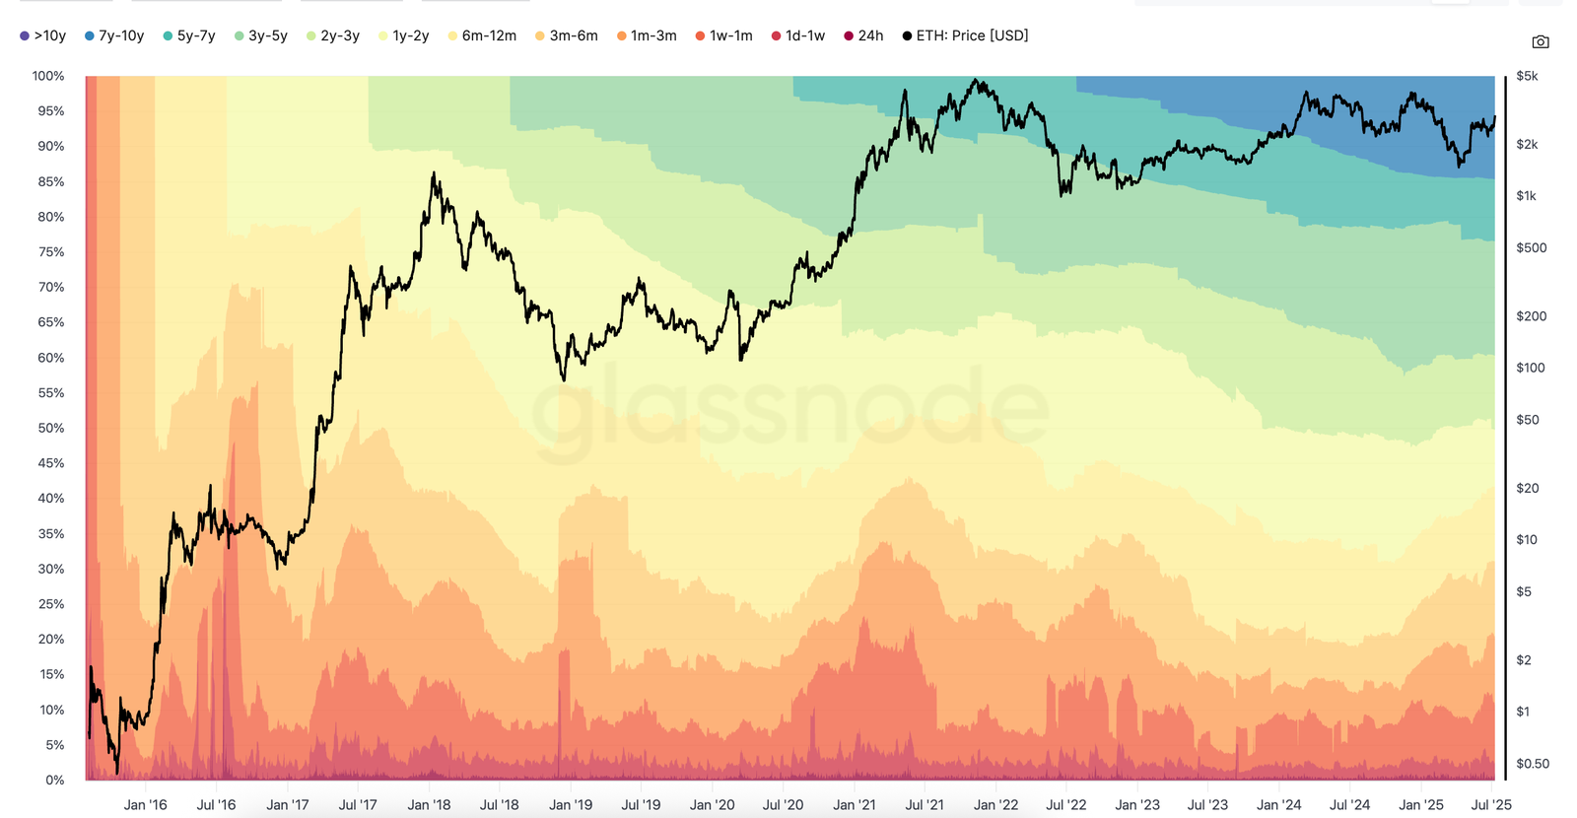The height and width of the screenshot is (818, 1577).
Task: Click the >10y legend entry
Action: point(43,35)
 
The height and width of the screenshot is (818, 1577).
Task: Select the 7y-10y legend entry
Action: point(114,35)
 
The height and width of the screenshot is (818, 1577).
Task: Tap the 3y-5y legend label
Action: point(261,35)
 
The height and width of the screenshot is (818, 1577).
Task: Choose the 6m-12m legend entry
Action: point(482,35)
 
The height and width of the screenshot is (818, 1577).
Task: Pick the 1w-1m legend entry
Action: point(723,35)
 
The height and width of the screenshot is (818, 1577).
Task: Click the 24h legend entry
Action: point(863,35)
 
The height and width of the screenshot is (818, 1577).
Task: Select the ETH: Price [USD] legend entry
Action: point(966,35)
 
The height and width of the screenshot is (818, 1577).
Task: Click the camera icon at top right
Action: point(1541,41)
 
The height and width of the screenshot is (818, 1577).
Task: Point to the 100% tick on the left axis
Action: point(48,76)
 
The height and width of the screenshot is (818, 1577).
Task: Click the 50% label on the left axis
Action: point(51,428)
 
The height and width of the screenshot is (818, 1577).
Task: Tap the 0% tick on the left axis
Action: point(55,780)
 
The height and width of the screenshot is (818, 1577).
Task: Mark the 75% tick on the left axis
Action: point(51,252)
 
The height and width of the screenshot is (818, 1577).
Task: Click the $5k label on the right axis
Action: point(1527,76)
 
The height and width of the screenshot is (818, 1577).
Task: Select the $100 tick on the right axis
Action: point(1531,368)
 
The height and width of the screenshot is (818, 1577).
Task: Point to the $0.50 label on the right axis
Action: point(1533,764)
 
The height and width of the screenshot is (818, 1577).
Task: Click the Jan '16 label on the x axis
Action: point(145,804)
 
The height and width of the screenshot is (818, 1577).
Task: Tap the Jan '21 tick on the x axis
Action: point(854,804)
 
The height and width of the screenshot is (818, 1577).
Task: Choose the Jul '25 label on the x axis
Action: point(1490,804)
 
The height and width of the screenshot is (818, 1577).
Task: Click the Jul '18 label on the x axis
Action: point(499,804)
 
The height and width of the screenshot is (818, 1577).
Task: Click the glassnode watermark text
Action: point(788,409)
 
